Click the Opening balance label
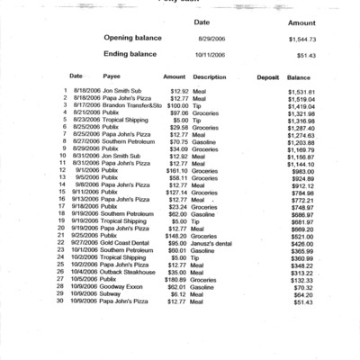pyautogui.click(x=138, y=40)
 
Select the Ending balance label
pyautogui.click(x=135, y=54)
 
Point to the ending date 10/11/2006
pyautogui.click(x=211, y=55)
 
